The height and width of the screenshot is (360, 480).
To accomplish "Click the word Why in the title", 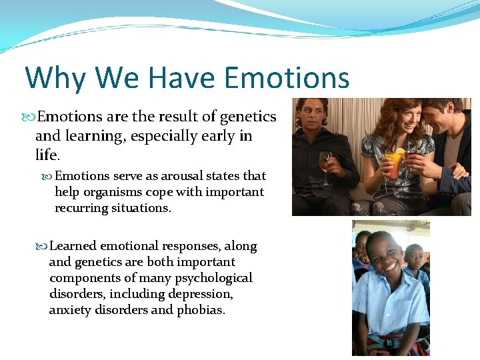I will click(x=55, y=78).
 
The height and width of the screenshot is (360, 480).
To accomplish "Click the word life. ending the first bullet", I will click(x=47, y=155).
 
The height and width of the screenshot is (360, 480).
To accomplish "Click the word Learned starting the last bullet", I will click(x=73, y=246).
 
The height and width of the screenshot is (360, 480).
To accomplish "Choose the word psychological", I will click(x=215, y=278).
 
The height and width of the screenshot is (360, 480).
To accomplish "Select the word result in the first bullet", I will click(x=178, y=117).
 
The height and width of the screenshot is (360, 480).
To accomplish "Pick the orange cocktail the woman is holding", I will click(x=393, y=163).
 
